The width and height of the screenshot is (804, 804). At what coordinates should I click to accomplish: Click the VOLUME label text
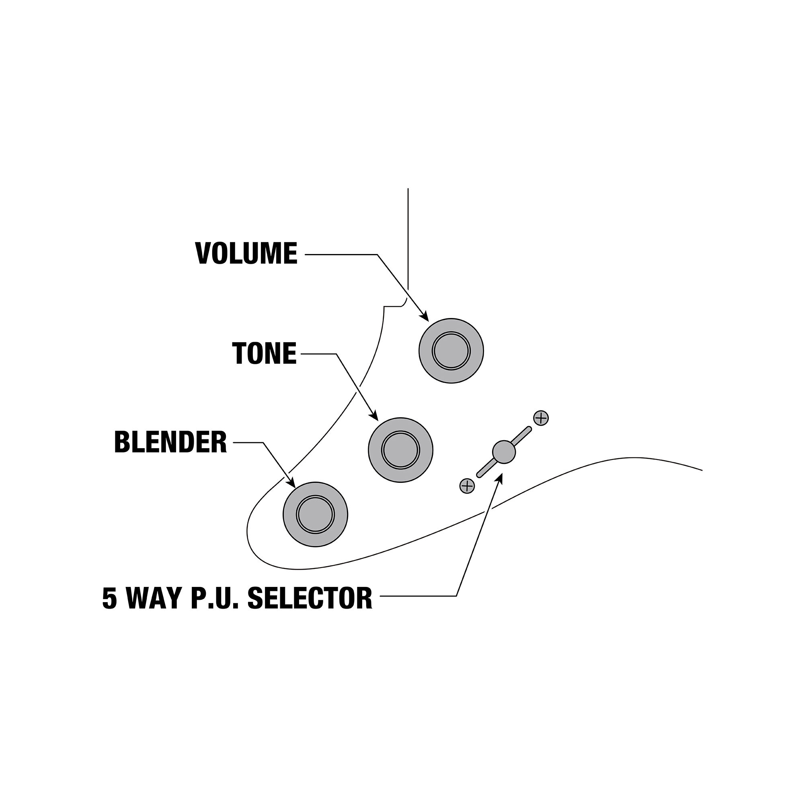click(x=246, y=253)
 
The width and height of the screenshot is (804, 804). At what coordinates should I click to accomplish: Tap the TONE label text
click(x=264, y=353)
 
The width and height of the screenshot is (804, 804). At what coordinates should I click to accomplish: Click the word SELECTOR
click(x=310, y=598)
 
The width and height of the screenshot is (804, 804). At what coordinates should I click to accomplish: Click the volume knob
click(x=451, y=351)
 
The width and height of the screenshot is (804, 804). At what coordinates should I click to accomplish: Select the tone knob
click(x=400, y=450)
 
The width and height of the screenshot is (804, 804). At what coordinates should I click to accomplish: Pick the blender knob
click(x=316, y=515)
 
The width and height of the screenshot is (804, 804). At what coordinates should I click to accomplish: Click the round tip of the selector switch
click(x=504, y=452)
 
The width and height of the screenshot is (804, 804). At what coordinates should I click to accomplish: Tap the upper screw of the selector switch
click(x=541, y=418)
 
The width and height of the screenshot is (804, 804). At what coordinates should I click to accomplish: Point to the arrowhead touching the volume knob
click(x=424, y=316)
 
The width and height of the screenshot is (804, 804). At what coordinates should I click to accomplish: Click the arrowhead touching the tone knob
click(x=373, y=414)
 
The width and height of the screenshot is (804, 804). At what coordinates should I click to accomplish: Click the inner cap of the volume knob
click(x=451, y=351)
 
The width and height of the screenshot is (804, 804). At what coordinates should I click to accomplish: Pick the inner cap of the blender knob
click(x=316, y=515)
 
